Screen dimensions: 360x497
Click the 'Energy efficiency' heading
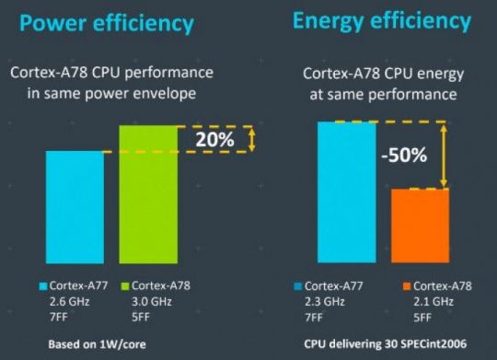pos(381,20)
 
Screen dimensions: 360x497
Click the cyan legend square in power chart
pos(43,285)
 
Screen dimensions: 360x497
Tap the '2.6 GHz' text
pos(71,301)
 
